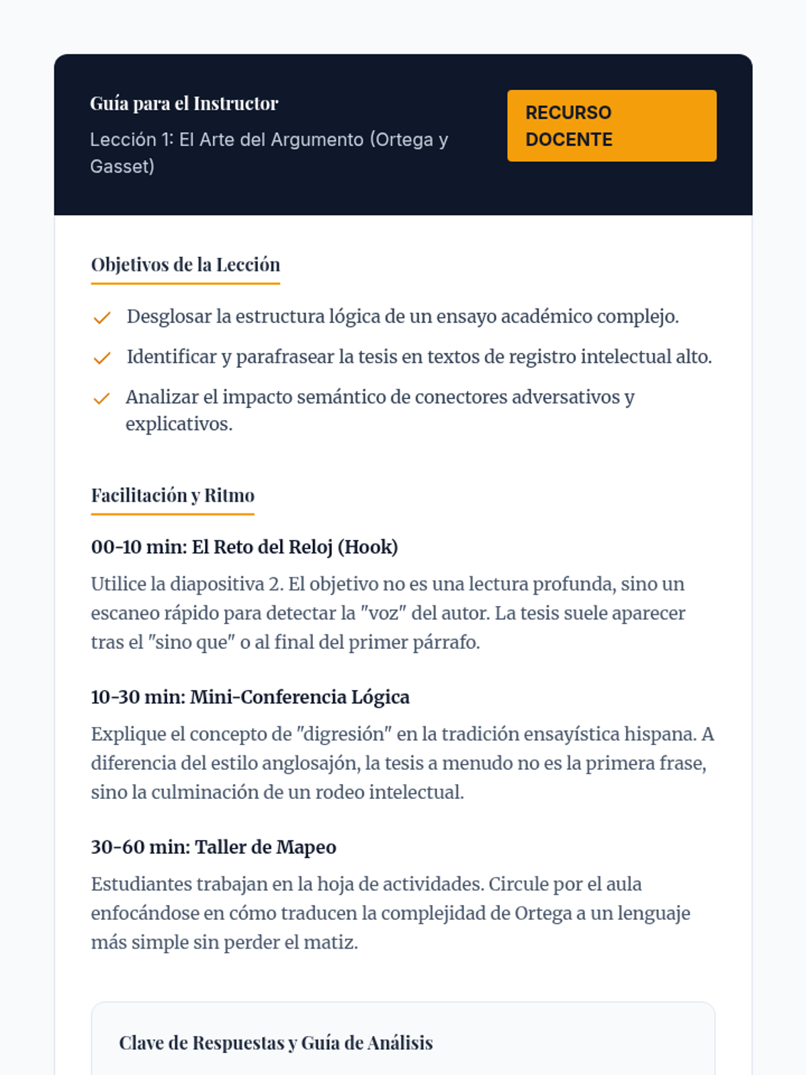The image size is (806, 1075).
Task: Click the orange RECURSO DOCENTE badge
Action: click(611, 126)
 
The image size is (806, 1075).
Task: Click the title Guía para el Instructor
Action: click(184, 103)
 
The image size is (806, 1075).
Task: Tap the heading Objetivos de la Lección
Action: click(185, 265)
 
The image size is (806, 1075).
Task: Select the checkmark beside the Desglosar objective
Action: click(101, 318)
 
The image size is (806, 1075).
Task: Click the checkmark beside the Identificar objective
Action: click(101, 358)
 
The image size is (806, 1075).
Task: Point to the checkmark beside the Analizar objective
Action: click(101, 398)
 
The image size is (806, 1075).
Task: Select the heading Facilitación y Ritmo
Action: click(173, 496)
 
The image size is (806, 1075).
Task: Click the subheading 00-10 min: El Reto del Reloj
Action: click(244, 547)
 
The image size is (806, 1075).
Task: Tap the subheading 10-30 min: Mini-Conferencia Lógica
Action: click(250, 697)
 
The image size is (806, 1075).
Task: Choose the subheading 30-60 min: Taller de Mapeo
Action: click(214, 847)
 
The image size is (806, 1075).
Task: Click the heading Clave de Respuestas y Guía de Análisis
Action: click(276, 1043)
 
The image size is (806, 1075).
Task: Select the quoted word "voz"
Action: click(380, 613)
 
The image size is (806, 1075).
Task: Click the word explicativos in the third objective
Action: click(178, 424)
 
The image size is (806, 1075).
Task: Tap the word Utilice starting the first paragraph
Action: click(118, 584)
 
